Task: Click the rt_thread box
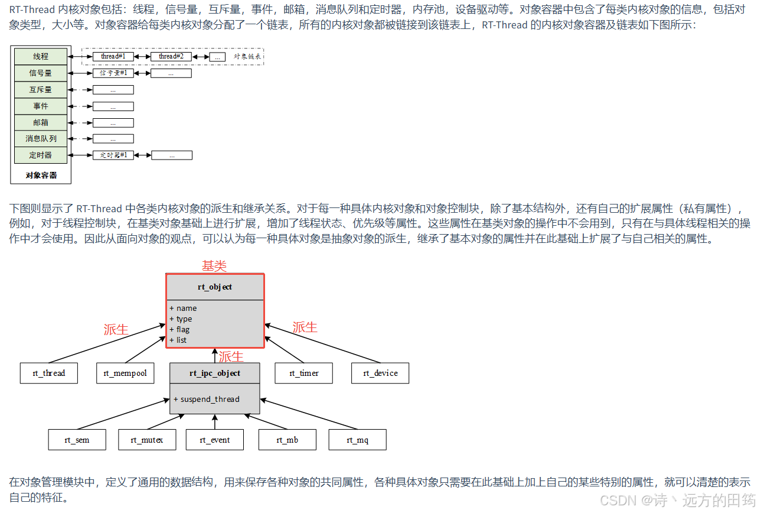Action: tap(49, 373)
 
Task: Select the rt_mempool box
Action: tap(125, 373)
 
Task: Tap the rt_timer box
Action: tap(304, 373)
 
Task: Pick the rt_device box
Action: tap(380, 373)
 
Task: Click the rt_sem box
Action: tap(77, 440)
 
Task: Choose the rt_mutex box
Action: tap(146, 440)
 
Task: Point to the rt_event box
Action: tap(215, 440)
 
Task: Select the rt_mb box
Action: tap(287, 440)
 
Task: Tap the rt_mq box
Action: tap(358, 440)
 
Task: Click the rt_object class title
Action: tap(215, 287)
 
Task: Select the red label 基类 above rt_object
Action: tap(214, 266)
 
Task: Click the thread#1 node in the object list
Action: tap(113, 57)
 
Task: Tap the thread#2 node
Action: tap(171, 57)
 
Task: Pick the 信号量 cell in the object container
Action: tap(41, 73)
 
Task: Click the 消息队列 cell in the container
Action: tap(41, 139)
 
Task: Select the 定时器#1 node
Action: tap(114, 155)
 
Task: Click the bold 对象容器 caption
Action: tap(41, 175)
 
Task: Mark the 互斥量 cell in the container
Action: tap(41, 90)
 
